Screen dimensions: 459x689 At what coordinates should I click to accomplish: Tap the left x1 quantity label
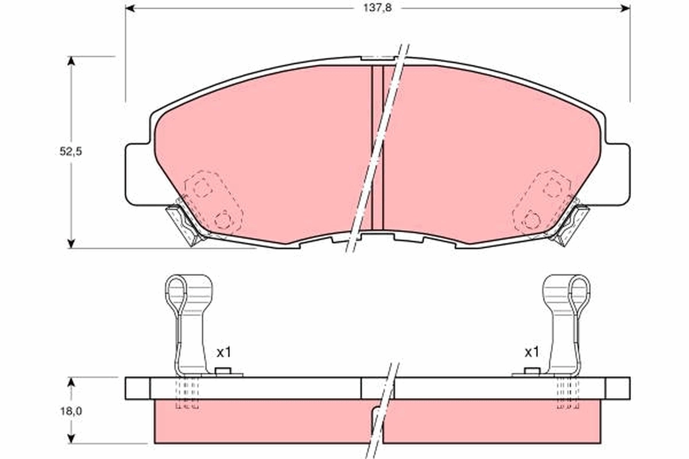pos(223,352)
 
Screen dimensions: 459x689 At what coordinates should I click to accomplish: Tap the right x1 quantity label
pos(532,352)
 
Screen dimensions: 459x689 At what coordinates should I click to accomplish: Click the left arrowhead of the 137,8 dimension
pos(130,7)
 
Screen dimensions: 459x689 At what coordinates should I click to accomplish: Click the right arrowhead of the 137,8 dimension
pos(626,7)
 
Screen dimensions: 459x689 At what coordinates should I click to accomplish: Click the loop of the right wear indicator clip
pos(580,290)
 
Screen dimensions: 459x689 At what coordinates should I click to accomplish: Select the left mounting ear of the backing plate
pos(137,172)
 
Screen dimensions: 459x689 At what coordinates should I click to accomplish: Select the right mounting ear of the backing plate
pos(618,172)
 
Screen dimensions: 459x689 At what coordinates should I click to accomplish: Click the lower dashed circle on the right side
pos(532,219)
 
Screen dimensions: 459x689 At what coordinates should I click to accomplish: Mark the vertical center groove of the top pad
pos(377,146)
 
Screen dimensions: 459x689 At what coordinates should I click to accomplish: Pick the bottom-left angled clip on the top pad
pos(183,224)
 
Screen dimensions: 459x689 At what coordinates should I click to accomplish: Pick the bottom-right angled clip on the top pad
pos(572,224)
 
